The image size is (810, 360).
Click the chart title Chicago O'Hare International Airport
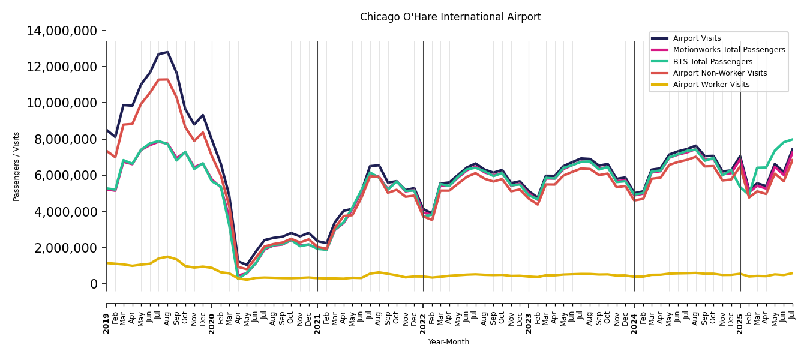point(450,17)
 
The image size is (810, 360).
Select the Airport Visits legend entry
point(697,38)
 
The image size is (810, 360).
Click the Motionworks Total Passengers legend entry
point(728,50)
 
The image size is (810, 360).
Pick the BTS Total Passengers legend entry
point(712,62)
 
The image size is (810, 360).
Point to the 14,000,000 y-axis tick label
point(62,31)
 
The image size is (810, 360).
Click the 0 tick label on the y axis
point(94,284)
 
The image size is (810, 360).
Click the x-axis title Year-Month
point(449,342)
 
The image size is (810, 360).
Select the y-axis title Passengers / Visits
point(17,166)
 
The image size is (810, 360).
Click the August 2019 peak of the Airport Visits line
point(167,52)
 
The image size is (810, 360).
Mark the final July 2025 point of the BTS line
point(792,139)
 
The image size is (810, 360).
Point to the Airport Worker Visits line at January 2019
point(107,263)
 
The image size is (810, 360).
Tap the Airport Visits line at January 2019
point(107,130)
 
